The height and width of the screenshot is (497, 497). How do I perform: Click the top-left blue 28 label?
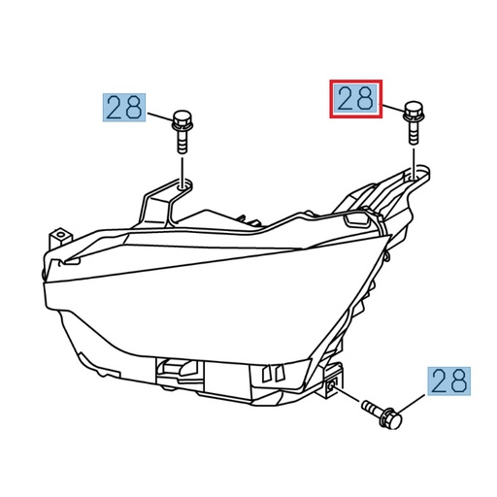124,107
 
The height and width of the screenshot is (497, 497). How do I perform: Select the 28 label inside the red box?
355,99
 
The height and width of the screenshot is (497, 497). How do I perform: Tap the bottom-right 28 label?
448,381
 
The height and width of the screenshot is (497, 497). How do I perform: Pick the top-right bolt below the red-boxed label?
412,121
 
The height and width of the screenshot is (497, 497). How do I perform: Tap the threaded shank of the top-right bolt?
412,133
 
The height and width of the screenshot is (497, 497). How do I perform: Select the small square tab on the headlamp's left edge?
62,235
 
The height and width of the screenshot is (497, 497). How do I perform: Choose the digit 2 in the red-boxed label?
345,99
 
